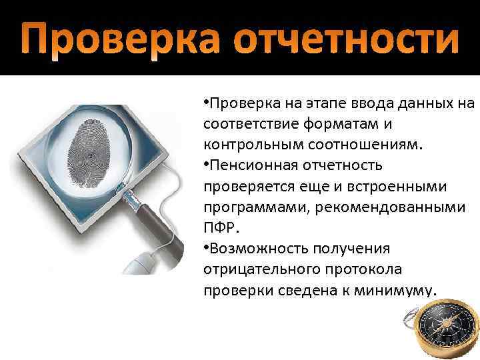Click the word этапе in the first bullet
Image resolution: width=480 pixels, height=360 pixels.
[x=313, y=104]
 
